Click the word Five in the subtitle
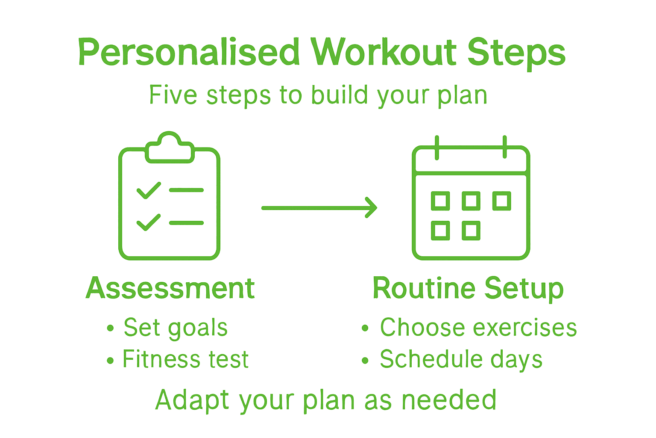(x=173, y=95)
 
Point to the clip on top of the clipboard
(x=170, y=148)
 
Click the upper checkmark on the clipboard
(x=149, y=190)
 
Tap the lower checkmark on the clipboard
(x=149, y=222)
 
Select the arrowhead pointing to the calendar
(x=371, y=208)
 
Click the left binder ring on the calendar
(x=436, y=148)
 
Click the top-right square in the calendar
(x=501, y=201)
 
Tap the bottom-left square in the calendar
(x=440, y=231)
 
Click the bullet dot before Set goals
(x=111, y=328)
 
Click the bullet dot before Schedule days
(x=365, y=361)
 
